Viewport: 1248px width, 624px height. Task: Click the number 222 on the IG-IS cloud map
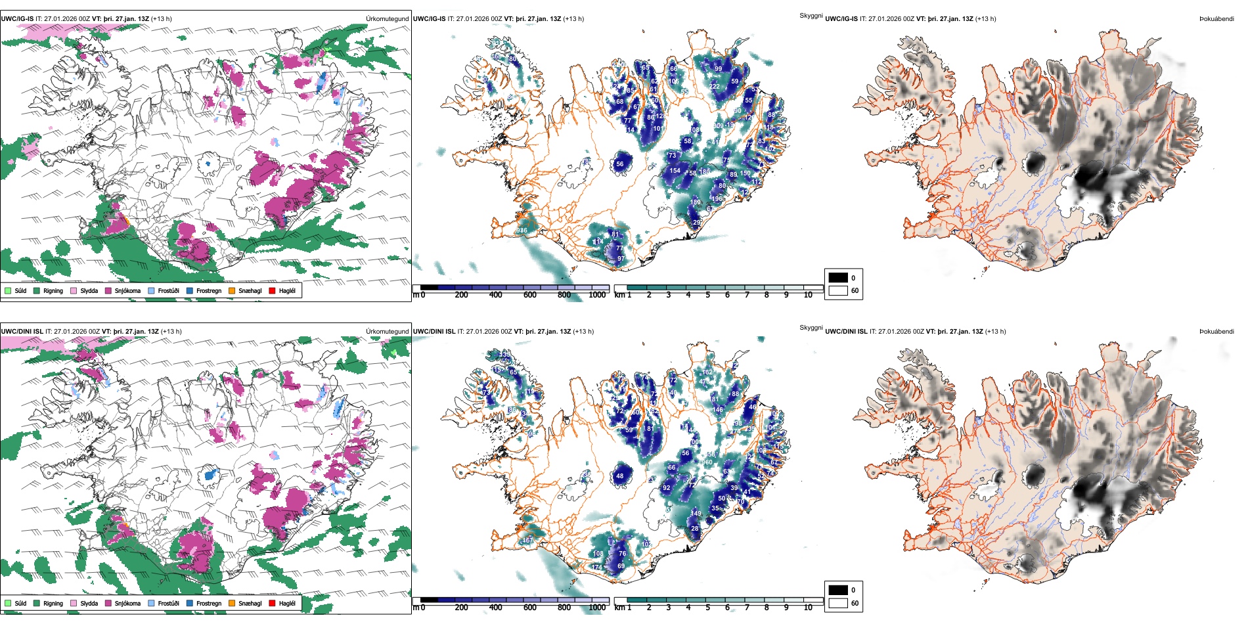[x=714, y=87]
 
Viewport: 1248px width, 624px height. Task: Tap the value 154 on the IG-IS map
[x=675, y=171]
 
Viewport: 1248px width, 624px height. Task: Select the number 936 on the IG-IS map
[x=522, y=231]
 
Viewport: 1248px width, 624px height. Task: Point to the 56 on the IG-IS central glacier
[x=619, y=164]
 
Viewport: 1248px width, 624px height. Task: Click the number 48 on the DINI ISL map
[x=619, y=476]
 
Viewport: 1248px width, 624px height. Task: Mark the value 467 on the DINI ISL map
[x=527, y=541]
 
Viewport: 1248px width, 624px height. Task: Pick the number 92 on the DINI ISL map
[x=667, y=488]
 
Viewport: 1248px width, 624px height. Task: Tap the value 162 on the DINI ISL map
[x=707, y=372]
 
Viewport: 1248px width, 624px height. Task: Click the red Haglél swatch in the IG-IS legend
[x=273, y=290]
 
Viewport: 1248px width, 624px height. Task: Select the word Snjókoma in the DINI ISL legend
[x=127, y=603]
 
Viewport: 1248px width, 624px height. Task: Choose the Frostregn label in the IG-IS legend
[x=208, y=290]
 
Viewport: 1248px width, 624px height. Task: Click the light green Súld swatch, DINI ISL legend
[x=8, y=603]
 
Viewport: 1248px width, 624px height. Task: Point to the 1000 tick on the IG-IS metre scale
[x=597, y=295]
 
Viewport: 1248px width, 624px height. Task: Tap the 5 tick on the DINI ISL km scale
[x=707, y=607]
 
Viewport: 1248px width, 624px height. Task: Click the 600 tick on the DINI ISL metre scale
[x=529, y=607]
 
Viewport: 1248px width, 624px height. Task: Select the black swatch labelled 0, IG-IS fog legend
[x=838, y=278]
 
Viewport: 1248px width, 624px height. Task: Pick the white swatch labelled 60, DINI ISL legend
[x=838, y=602]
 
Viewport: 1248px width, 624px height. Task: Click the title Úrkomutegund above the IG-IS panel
[x=387, y=18]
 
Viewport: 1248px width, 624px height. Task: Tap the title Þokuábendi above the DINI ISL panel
[x=1216, y=331]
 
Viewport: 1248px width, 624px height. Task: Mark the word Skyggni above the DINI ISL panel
[x=811, y=327]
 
